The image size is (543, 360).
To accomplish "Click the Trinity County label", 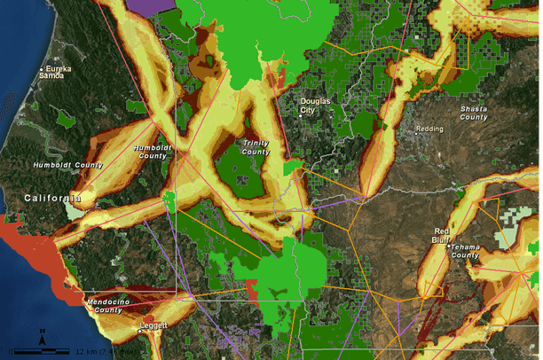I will click(x=256, y=147).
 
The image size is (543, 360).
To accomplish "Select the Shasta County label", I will click(x=473, y=113).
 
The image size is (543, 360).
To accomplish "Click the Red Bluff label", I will click(x=442, y=236).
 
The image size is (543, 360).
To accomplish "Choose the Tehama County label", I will click(x=466, y=251).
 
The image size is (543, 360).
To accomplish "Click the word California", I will click(x=52, y=198).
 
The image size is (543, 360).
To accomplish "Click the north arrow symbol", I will click(x=43, y=337).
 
